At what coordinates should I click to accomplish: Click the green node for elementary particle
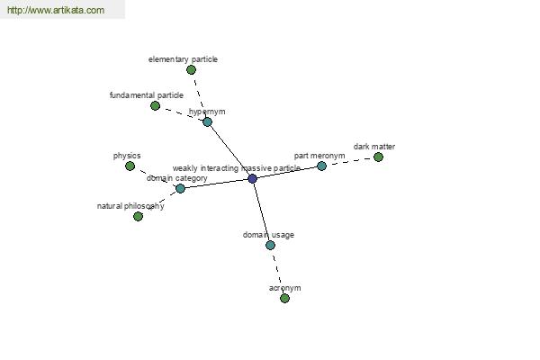[x=191, y=70]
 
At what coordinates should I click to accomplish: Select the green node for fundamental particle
[x=156, y=106]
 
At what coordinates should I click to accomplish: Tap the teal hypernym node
[x=207, y=121]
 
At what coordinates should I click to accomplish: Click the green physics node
[x=130, y=166]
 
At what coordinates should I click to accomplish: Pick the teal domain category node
[x=180, y=188]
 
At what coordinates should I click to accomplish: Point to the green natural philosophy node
[x=138, y=216]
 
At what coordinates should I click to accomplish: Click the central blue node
[x=252, y=178]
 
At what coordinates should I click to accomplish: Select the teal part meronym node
[x=321, y=166]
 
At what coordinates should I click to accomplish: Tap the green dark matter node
[x=378, y=157]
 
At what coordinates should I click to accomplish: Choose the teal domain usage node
[x=270, y=246]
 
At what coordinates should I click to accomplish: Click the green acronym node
[x=284, y=298]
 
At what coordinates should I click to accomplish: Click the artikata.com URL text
[x=56, y=10]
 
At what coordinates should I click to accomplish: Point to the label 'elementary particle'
[x=183, y=59]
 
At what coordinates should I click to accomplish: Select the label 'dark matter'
[x=374, y=147]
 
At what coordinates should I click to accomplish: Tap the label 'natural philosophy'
[x=130, y=206]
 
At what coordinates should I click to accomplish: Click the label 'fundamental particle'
[x=147, y=95]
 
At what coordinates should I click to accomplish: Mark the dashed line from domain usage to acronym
[x=277, y=272]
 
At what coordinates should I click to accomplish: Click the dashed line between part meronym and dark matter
[x=350, y=162]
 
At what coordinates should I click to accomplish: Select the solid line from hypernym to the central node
[x=229, y=150]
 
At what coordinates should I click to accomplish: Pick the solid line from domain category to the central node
[x=216, y=184]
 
